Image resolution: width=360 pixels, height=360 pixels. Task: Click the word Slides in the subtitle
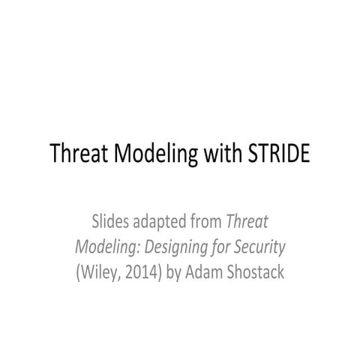coord(109,221)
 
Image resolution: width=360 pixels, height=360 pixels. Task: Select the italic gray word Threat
coord(247,221)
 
